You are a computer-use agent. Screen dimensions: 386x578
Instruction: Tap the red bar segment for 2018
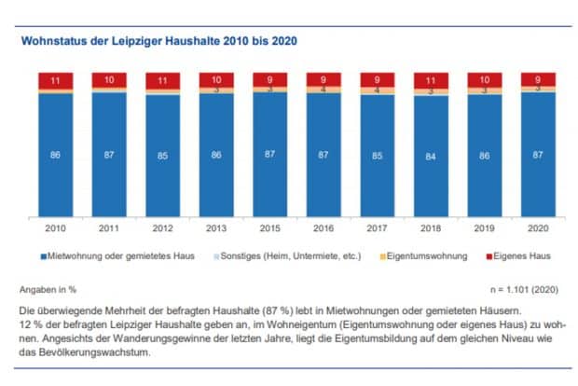click(431, 80)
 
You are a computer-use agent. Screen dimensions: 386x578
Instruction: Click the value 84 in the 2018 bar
click(431, 155)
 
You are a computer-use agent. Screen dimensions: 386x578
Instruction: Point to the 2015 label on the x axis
click(269, 227)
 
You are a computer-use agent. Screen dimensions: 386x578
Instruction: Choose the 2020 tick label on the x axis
click(538, 227)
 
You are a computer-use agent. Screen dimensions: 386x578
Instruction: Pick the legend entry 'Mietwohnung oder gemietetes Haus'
click(122, 255)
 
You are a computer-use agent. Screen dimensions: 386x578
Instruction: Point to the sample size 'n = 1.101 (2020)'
click(521, 289)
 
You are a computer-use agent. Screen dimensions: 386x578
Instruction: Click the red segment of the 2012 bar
click(162, 80)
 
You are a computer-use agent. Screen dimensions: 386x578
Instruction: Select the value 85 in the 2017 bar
click(377, 155)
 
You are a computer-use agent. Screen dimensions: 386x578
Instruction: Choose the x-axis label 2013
click(215, 227)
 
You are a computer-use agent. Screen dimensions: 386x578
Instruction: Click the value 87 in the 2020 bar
click(538, 155)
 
